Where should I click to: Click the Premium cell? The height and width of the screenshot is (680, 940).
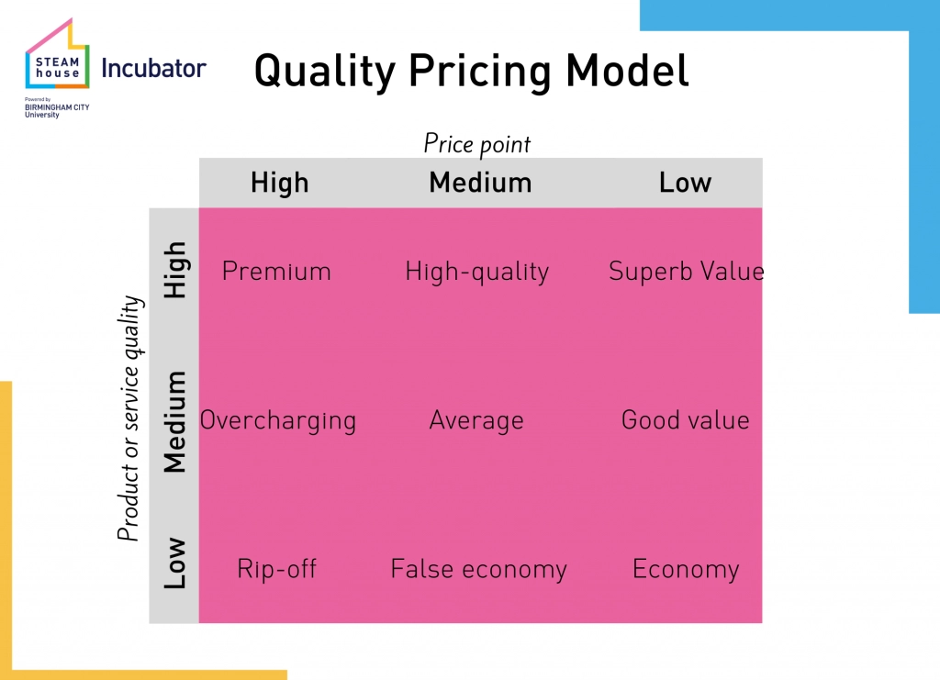tap(276, 272)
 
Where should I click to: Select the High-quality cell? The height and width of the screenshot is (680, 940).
tap(477, 272)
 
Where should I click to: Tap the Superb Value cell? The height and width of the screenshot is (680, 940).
tap(687, 272)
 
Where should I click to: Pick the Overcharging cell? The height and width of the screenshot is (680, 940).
tap(277, 421)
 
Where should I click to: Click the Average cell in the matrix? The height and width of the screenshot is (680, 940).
tap(476, 421)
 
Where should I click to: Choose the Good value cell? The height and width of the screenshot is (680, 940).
tap(685, 420)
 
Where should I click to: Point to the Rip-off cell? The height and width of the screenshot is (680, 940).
tap(276, 569)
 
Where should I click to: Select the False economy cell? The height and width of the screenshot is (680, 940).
tap(478, 569)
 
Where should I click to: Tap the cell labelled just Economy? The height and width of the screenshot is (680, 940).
tap(686, 570)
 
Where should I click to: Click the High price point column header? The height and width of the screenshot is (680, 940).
tap(279, 183)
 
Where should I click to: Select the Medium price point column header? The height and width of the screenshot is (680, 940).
tap(480, 183)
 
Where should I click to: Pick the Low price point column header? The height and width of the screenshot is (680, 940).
tap(685, 183)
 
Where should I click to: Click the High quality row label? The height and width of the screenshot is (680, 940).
tap(175, 270)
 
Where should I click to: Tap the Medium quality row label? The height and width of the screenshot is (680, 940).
tap(175, 422)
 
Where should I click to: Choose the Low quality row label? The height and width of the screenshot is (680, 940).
tap(175, 563)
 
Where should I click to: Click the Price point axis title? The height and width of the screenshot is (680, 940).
tap(477, 144)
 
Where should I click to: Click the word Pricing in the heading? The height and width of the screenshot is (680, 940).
tap(479, 72)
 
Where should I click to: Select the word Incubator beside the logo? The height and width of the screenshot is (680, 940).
tap(153, 68)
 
